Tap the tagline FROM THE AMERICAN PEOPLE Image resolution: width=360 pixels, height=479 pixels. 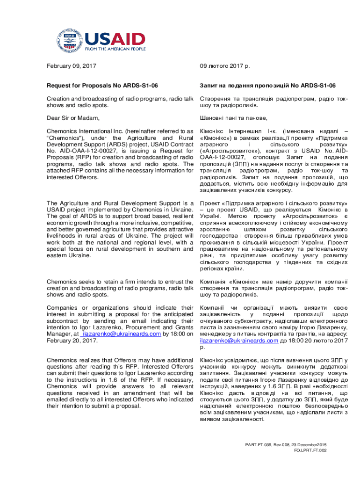(x=115, y=49)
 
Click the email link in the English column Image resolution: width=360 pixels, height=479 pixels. (x=122, y=334)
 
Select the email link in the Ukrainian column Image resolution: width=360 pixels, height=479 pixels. (x=239, y=341)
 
